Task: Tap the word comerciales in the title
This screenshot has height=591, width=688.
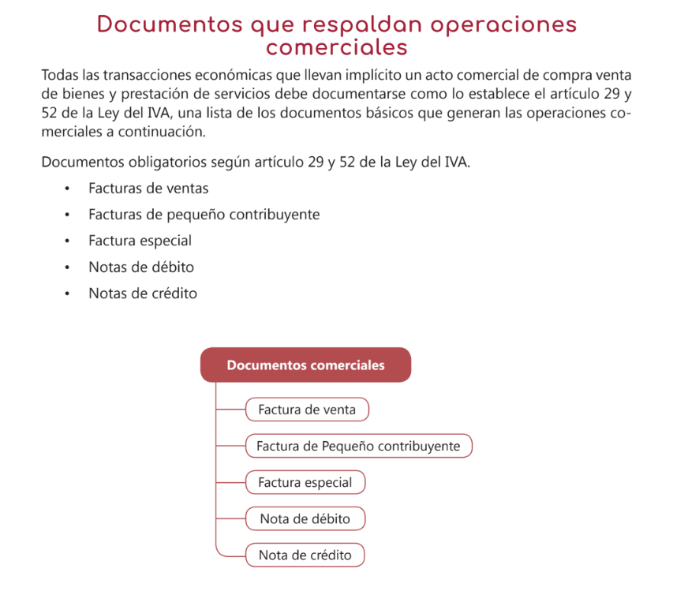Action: (337, 47)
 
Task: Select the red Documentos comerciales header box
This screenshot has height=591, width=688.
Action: (305, 365)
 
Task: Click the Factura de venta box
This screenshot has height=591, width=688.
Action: (307, 410)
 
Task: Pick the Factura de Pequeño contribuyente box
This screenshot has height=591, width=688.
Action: (358, 446)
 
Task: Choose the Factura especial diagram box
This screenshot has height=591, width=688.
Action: (305, 482)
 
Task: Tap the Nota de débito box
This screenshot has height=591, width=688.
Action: (305, 518)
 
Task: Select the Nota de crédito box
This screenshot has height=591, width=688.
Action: (305, 555)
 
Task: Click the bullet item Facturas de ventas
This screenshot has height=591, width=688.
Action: (148, 189)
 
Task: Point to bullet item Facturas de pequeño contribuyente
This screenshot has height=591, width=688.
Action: (204, 215)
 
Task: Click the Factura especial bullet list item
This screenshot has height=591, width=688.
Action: (140, 241)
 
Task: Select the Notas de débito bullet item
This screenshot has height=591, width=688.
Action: (141, 267)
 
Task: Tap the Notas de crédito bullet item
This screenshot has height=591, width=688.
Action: (143, 294)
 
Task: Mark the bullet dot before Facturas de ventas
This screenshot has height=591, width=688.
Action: (69, 189)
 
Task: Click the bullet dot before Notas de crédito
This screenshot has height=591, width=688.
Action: (69, 294)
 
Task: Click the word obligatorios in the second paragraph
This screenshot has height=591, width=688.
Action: (144, 163)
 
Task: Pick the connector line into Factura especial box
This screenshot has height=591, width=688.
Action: (230, 482)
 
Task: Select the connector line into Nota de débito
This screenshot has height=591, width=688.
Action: (230, 518)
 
